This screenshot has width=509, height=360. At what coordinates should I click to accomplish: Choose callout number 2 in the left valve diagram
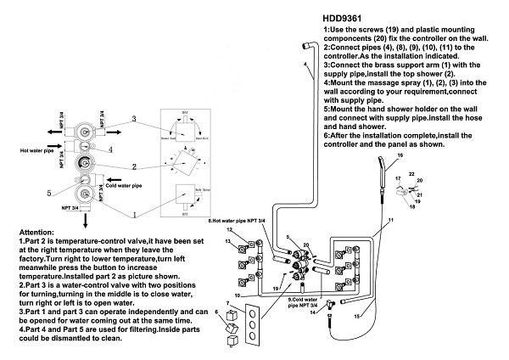134,167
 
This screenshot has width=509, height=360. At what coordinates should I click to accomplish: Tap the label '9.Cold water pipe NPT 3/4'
303,302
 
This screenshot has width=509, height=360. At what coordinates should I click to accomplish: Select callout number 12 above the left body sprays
229,230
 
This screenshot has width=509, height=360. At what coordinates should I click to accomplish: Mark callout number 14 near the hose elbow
338,313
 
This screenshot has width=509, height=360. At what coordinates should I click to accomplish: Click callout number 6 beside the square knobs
217,312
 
